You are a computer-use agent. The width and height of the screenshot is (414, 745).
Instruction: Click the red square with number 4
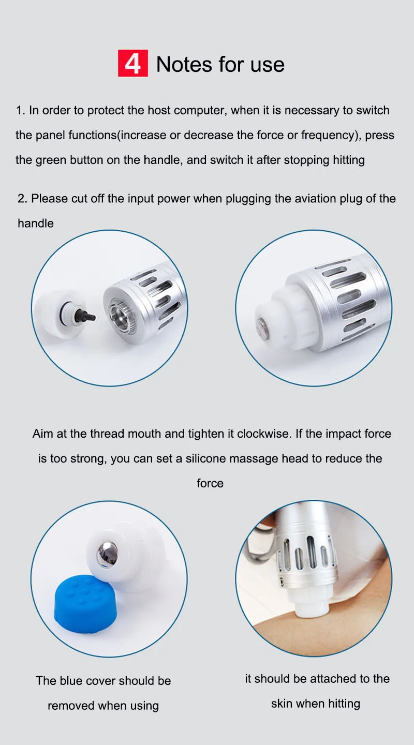[x=133, y=63]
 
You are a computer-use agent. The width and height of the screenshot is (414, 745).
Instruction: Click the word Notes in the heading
[x=184, y=64]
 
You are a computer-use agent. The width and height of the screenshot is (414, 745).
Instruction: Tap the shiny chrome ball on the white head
[x=107, y=553]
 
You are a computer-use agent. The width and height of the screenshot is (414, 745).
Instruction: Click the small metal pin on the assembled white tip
[x=262, y=326]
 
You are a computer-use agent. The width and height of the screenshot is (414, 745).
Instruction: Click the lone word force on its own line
[x=210, y=483]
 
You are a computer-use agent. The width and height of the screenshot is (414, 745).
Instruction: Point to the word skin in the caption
[x=282, y=704]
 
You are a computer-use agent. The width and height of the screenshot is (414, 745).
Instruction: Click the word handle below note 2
[x=36, y=224]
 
